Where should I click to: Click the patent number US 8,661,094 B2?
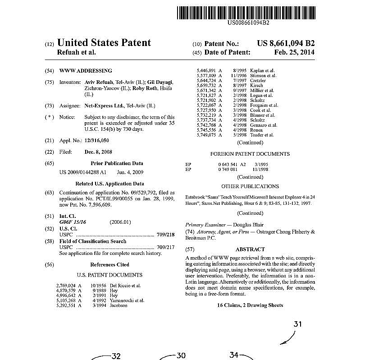coord(286,44)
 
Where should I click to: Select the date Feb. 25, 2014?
coord(294,52)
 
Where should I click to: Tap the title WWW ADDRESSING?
coord(86,71)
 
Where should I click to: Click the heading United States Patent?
coord(105,43)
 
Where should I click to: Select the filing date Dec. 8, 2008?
coord(98,152)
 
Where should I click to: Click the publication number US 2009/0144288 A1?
coord(83,172)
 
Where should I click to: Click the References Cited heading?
coord(109,265)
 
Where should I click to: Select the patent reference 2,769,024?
coord(66,286)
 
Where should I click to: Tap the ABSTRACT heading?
coord(250,249)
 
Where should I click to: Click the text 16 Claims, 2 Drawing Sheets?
coord(250,305)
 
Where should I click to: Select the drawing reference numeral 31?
coord(297,324)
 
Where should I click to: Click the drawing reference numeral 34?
coord(234,355)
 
